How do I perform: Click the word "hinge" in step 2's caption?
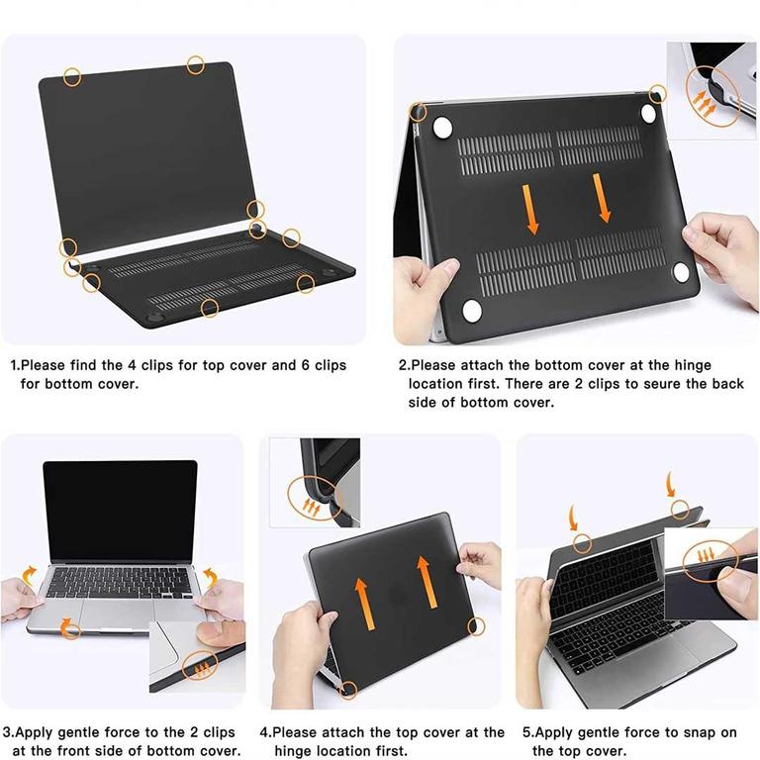point(693,364)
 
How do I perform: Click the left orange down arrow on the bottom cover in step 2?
point(530,209)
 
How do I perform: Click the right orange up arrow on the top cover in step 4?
point(427,582)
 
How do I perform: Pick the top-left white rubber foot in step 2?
point(442,127)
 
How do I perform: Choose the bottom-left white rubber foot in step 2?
point(472,310)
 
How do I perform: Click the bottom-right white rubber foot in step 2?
point(681,272)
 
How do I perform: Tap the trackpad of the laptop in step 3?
point(117,615)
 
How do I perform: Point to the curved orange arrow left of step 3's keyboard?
point(29,575)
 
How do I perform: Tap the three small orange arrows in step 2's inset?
point(704,104)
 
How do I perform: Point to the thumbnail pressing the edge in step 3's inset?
point(217,634)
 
